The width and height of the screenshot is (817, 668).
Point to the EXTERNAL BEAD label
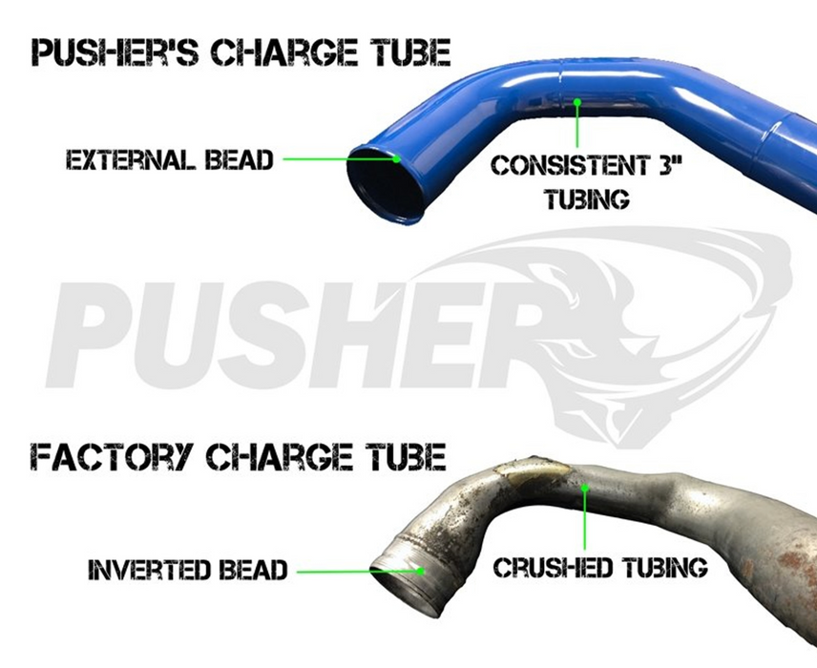coord(169,159)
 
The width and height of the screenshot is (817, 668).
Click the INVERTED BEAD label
coord(187,571)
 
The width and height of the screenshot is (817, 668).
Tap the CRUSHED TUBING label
coord(600,569)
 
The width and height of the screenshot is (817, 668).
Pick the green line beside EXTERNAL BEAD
coord(339,159)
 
